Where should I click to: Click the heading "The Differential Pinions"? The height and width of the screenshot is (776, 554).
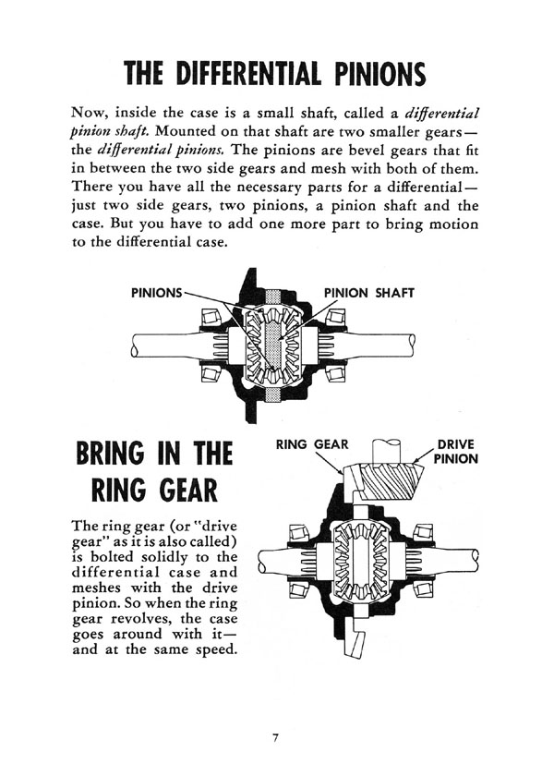tap(274, 74)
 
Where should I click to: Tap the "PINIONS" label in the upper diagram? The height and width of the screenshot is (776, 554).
tap(156, 293)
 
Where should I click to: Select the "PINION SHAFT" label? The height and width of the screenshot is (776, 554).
tap(369, 293)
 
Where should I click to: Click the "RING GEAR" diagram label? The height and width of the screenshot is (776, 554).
tap(312, 444)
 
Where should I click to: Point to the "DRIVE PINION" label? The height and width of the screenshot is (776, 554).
tap(455, 452)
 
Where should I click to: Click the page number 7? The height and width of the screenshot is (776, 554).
tap(275, 738)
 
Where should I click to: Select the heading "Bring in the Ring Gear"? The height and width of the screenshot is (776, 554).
tap(154, 472)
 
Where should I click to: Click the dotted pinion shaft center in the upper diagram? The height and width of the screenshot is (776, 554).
tap(273, 345)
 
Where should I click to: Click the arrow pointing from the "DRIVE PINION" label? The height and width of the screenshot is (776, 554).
tap(423, 455)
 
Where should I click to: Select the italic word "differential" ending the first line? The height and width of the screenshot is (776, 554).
tap(441, 114)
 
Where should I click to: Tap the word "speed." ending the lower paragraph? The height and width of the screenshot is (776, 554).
tap(217, 649)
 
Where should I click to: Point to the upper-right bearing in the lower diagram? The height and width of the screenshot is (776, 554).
tap(423, 534)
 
